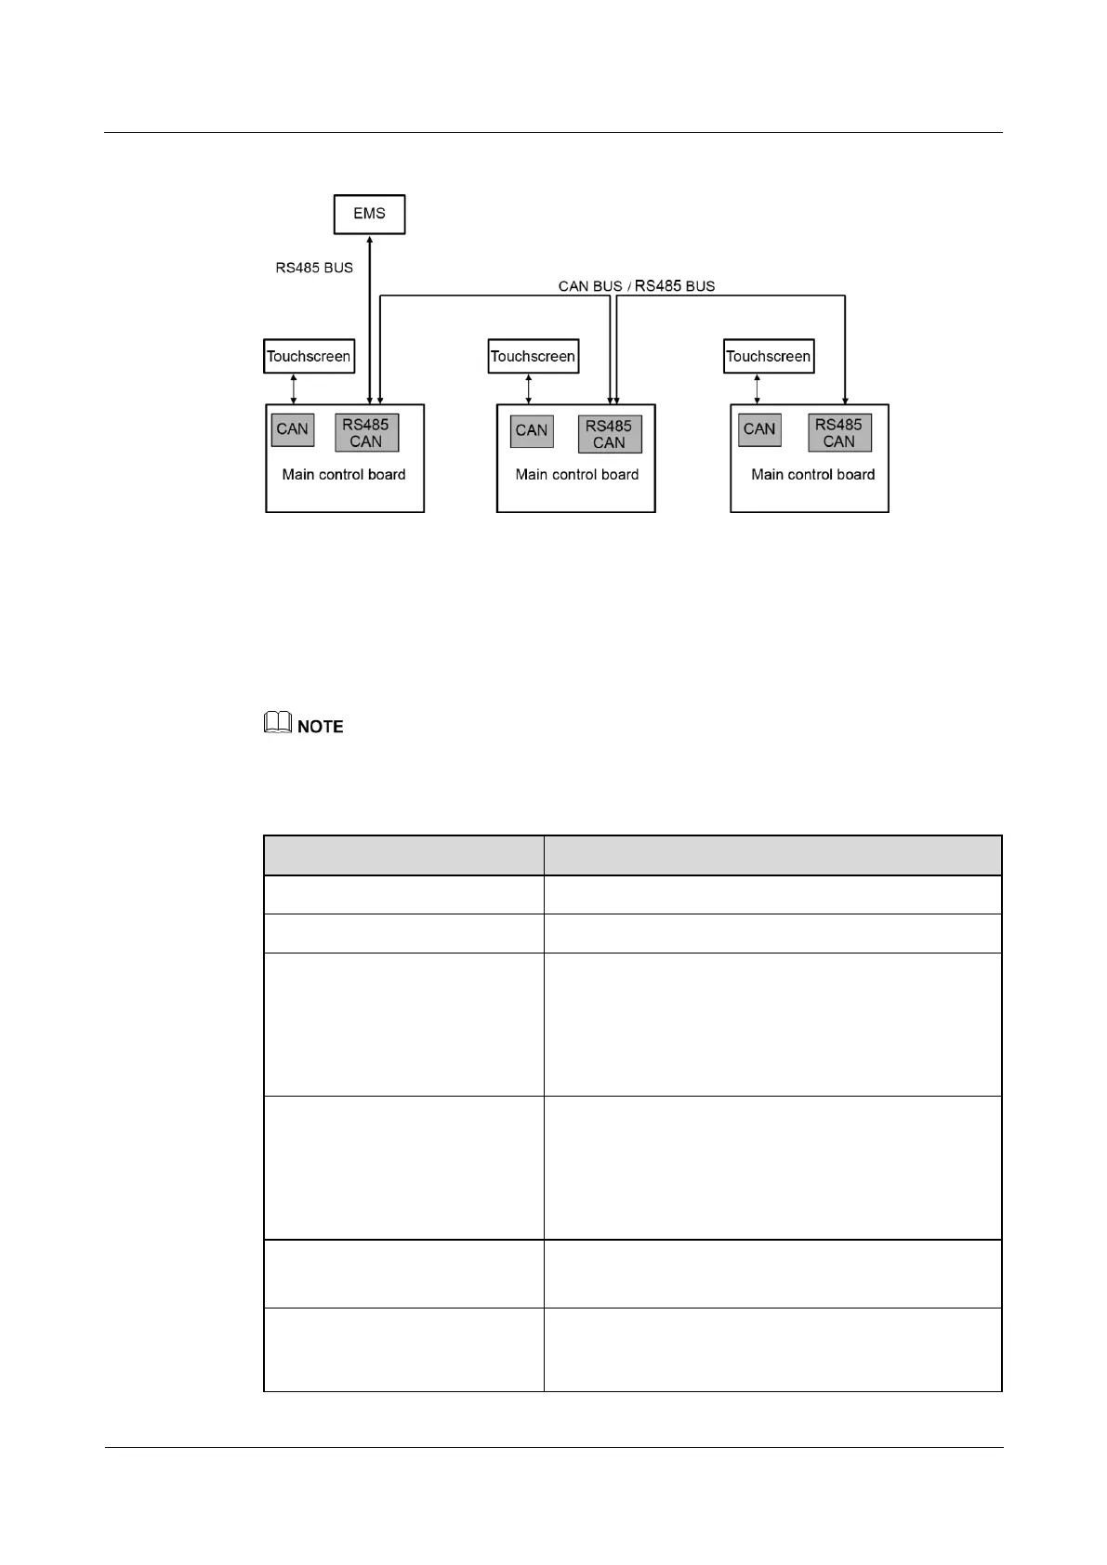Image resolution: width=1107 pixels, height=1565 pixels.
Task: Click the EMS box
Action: [369, 214]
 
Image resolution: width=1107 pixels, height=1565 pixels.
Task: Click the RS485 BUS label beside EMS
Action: [314, 268]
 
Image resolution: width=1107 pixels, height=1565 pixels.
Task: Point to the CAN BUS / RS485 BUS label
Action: [637, 286]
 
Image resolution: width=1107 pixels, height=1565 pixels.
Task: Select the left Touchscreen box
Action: [309, 356]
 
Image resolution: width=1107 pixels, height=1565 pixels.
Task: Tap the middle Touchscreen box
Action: [533, 356]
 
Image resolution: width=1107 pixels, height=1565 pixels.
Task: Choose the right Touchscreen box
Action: [769, 356]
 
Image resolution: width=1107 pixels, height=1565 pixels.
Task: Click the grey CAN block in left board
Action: [292, 429]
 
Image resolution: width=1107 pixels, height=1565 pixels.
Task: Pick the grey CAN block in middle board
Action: [532, 430]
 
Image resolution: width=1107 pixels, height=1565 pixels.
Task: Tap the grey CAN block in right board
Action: [759, 429]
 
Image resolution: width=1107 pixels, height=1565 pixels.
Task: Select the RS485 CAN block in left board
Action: [366, 433]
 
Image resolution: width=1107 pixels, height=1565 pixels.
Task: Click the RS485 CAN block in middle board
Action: [609, 434]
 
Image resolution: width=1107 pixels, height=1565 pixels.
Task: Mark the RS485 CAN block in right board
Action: [839, 433]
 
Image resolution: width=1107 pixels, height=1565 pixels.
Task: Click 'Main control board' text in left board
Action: [344, 475]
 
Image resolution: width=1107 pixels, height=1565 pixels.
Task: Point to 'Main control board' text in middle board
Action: [577, 475]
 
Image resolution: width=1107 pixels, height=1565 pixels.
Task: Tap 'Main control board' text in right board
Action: [813, 475]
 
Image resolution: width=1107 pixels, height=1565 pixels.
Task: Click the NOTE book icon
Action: [278, 723]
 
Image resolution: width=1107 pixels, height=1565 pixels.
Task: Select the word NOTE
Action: [321, 727]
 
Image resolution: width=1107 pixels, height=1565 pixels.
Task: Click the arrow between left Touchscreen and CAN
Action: [294, 388]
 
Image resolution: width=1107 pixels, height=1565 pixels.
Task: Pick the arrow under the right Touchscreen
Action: [757, 388]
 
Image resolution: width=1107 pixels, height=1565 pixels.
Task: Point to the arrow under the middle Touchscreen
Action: [529, 388]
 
